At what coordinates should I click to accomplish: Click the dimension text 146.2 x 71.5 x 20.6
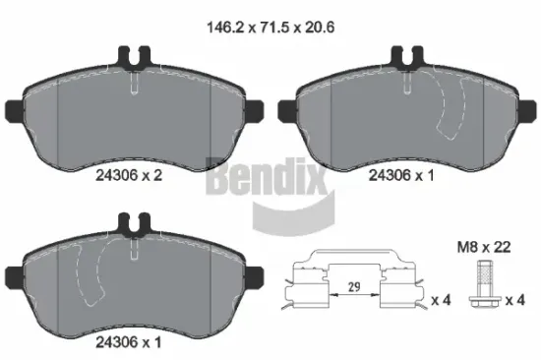click(x=270, y=29)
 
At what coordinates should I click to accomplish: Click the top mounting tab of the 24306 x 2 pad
click(x=133, y=59)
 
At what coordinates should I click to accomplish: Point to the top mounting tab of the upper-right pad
click(x=405, y=59)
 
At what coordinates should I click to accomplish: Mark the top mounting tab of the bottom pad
click(x=133, y=225)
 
